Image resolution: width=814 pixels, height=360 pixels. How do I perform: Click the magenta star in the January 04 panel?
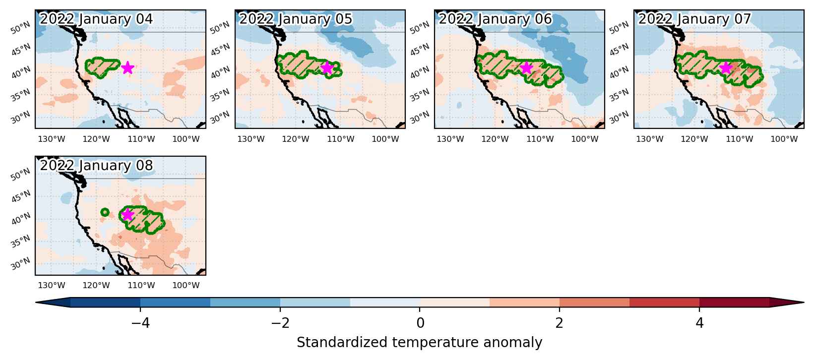point(127,67)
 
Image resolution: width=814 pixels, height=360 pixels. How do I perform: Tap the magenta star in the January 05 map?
point(327,67)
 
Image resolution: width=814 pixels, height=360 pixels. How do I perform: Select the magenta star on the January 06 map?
point(526,67)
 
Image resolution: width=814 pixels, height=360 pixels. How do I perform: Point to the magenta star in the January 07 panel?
point(726,67)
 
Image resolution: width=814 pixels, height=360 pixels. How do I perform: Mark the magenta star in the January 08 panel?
point(127,214)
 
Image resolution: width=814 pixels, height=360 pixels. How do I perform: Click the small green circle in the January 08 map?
point(105,212)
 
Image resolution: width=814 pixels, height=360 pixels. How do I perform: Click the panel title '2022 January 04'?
point(96,19)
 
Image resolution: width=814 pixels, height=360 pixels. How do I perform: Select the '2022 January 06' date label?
point(496,19)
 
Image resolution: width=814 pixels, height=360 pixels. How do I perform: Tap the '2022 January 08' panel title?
point(96,165)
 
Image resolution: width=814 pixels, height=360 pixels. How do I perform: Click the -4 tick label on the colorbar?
point(140,323)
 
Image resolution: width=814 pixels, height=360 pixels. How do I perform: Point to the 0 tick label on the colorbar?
point(420,323)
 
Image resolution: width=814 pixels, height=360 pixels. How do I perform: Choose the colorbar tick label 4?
point(699,323)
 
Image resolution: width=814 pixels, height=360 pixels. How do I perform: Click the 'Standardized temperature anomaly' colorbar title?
point(419,343)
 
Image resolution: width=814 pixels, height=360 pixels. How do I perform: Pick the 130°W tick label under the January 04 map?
point(52,139)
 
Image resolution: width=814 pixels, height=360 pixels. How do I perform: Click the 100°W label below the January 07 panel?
point(784,139)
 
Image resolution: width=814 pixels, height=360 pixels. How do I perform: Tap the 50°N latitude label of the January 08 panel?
point(20,175)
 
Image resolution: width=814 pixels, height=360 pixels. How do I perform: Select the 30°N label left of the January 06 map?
point(419,118)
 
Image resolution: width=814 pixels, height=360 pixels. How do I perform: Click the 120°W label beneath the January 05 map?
point(296,139)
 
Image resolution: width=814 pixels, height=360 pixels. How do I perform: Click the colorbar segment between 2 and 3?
point(595,302)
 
